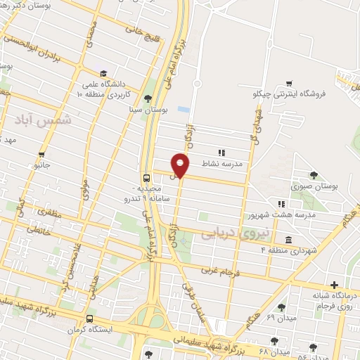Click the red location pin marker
tap(181, 166)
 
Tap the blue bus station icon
tap(146, 178)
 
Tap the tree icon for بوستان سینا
tap(147, 98)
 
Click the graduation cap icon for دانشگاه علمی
tap(103, 74)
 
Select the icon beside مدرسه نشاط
tap(221, 151)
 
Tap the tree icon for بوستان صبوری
tap(313, 176)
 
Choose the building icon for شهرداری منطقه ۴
tap(289, 239)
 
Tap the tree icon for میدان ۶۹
tap(282, 307)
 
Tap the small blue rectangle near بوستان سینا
tap(184, 110)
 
